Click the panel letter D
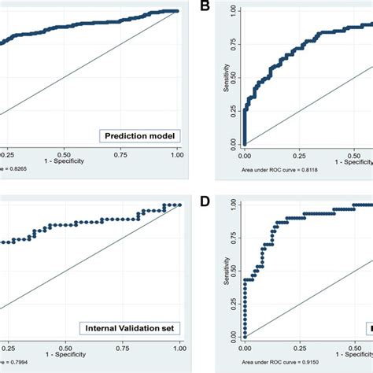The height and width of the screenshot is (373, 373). [205, 201]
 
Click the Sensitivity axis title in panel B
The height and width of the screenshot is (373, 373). [227, 79]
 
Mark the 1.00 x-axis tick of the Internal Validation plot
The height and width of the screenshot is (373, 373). [179, 346]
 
